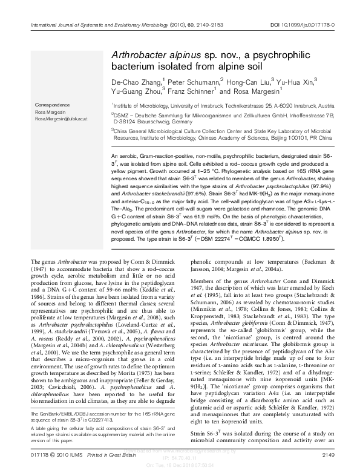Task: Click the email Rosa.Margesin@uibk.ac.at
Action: click(x=61, y=119)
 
